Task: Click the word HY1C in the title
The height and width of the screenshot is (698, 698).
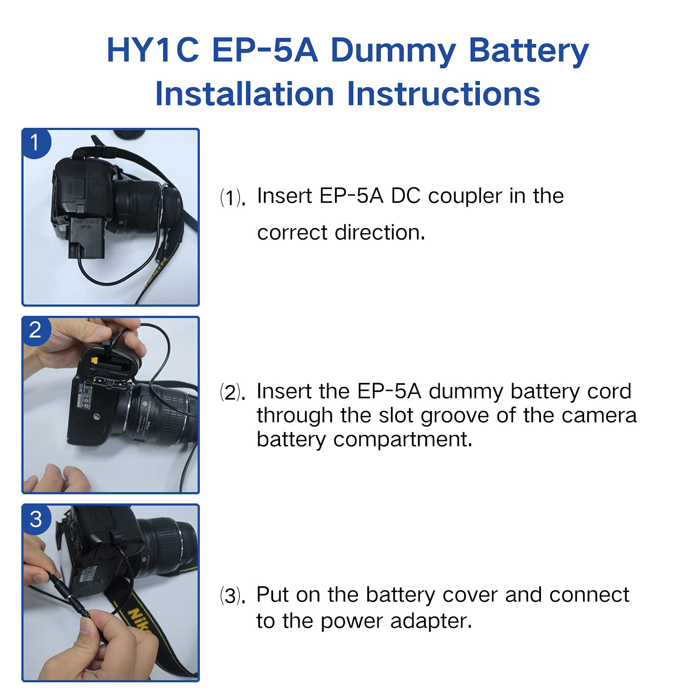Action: click(x=153, y=51)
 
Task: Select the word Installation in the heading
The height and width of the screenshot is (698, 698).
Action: click(x=244, y=94)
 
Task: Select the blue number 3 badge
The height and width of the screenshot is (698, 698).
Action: click(x=36, y=519)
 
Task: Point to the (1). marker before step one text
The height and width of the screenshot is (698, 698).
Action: click(x=233, y=198)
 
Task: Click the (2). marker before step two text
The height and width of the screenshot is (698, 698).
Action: click(x=233, y=393)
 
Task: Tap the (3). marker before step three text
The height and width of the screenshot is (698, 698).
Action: click(x=233, y=596)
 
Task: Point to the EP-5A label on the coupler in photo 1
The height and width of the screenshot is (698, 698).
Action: click(x=86, y=227)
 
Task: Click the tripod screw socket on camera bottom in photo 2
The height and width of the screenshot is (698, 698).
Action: click(x=97, y=417)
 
